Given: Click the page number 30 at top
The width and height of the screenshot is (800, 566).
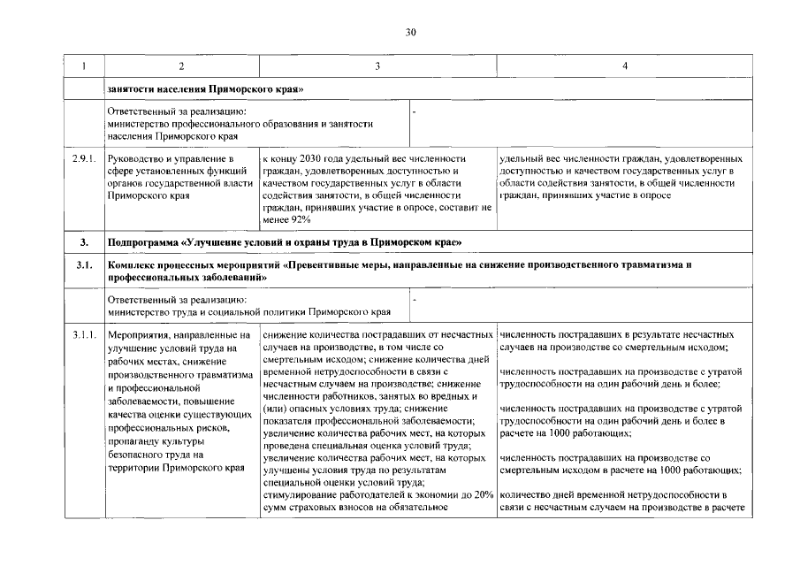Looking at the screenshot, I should [x=410, y=32].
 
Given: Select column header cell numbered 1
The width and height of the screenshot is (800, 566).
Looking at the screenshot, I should [x=85, y=66].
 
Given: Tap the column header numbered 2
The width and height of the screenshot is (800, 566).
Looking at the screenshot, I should [x=181, y=66].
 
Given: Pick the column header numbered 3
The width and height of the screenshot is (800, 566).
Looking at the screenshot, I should [x=377, y=66].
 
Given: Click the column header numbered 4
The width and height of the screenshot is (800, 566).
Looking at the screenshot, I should [x=625, y=66].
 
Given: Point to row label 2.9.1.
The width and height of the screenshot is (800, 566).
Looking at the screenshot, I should [x=85, y=158].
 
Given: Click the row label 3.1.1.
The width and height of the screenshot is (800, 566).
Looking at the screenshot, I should [x=85, y=336].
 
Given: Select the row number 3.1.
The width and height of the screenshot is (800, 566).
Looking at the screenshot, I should [x=84, y=264].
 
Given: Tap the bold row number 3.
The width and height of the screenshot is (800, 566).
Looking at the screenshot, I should [x=84, y=241].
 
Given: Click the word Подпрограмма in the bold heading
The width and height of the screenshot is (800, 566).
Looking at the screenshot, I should [x=142, y=241].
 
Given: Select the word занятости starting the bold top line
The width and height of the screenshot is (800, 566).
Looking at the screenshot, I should [x=128, y=90].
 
